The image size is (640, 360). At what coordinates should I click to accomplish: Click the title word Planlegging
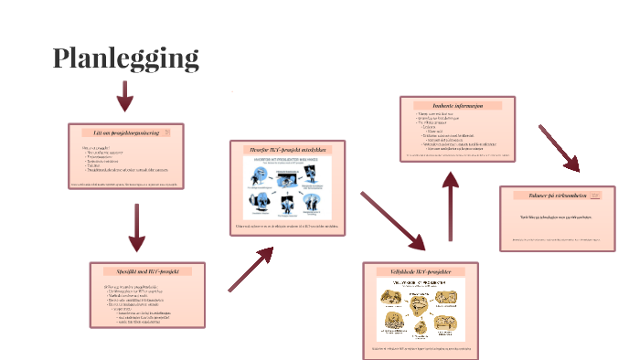click(x=125, y=58)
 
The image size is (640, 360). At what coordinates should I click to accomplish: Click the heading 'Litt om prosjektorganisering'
click(x=126, y=132)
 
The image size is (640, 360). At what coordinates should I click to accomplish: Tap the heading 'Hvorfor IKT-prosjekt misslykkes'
click(x=287, y=149)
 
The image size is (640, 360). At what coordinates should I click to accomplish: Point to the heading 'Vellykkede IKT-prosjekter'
click(x=421, y=271)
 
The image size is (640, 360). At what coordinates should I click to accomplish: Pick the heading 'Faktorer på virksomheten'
click(x=557, y=196)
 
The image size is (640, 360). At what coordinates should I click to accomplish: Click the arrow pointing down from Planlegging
click(x=125, y=96)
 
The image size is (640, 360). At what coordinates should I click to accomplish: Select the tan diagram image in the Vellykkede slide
click(x=421, y=311)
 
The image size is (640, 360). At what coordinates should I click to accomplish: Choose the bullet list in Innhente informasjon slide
click(x=448, y=130)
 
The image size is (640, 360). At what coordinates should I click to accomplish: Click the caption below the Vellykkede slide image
click(x=421, y=348)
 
